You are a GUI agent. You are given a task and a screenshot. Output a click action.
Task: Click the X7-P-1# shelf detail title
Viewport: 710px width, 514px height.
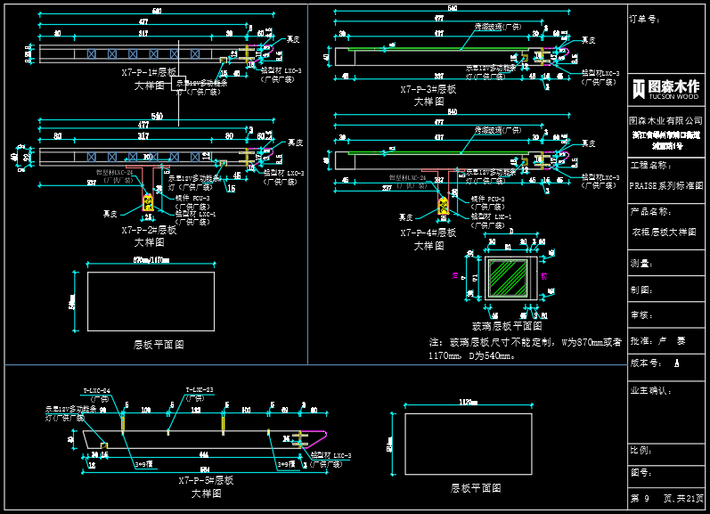(x=149, y=78)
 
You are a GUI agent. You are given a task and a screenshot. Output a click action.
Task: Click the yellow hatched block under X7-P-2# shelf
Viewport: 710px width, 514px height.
(x=149, y=204)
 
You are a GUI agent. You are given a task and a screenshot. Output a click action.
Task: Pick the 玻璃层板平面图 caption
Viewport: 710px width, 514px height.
(x=506, y=326)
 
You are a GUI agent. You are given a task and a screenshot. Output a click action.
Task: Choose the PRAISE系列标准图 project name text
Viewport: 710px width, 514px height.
(x=665, y=186)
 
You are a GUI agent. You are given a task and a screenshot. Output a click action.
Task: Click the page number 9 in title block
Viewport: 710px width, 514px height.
(x=646, y=499)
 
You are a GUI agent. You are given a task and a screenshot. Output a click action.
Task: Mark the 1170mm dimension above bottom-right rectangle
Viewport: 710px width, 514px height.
(x=469, y=403)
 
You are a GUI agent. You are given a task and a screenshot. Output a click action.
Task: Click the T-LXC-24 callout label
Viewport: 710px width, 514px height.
(x=96, y=390)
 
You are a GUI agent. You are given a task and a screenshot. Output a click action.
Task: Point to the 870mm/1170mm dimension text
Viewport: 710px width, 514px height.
(x=151, y=261)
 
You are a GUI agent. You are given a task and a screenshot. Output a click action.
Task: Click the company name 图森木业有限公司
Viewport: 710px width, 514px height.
(x=665, y=119)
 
